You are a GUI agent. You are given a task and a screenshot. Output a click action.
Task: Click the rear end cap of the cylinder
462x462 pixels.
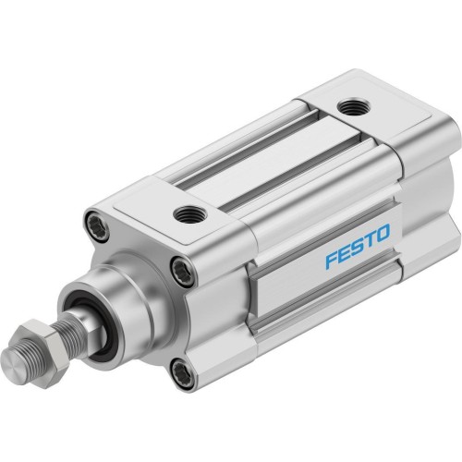(x=407, y=185)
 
